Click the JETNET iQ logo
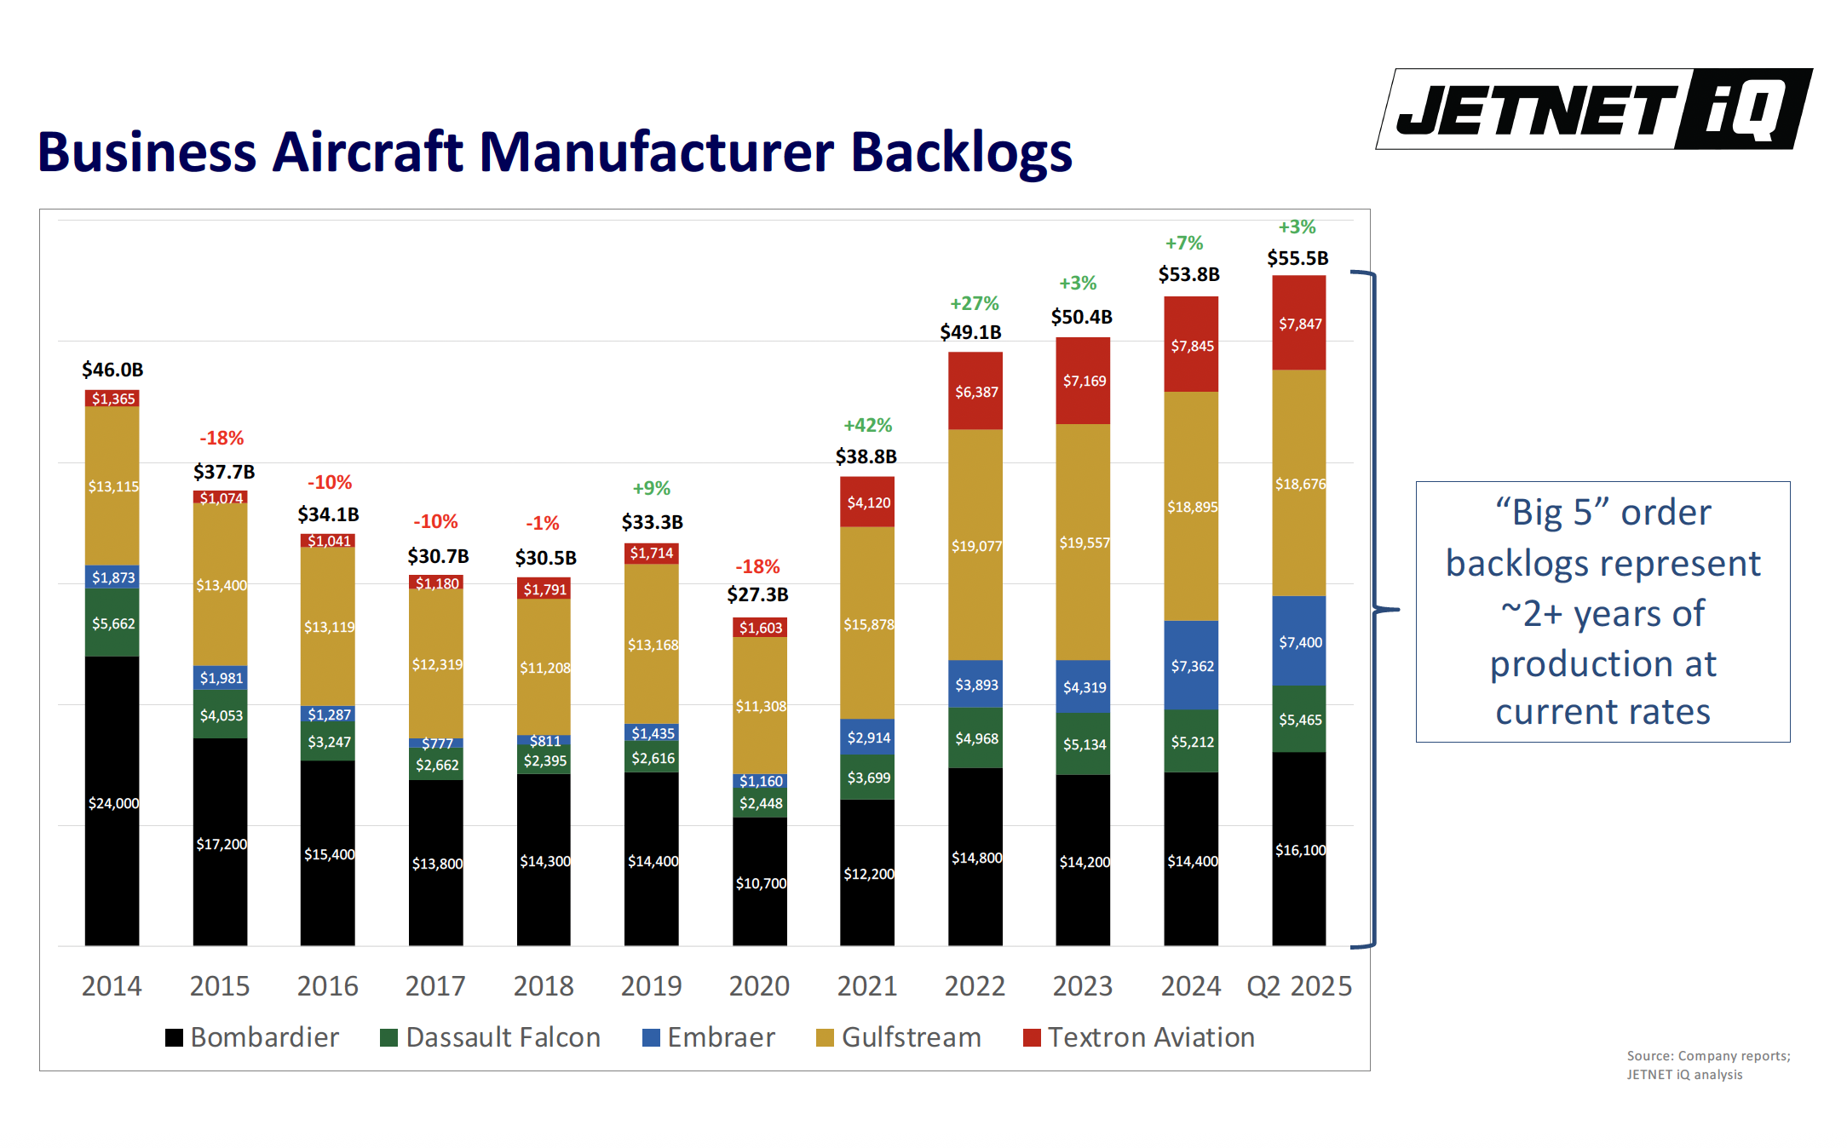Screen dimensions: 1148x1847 (1593, 109)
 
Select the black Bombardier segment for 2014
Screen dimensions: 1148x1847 (112, 801)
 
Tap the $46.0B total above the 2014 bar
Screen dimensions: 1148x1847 (112, 370)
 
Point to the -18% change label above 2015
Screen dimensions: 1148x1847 (222, 438)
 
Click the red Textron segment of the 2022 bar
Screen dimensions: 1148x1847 (975, 391)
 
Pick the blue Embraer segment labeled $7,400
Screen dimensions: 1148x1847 (1299, 641)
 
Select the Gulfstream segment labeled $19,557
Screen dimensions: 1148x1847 (1083, 542)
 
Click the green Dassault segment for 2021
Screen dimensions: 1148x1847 (867, 777)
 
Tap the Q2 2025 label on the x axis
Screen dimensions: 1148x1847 (1298, 985)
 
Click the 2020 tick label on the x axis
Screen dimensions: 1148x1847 (759, 985)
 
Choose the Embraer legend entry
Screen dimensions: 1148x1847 (709, 1037)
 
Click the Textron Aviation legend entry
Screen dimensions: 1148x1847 (1139, 1037)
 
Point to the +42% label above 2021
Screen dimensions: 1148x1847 (867, 425)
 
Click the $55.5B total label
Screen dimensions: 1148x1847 (1298, 258)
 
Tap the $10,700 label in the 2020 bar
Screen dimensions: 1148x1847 (760, 883)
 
